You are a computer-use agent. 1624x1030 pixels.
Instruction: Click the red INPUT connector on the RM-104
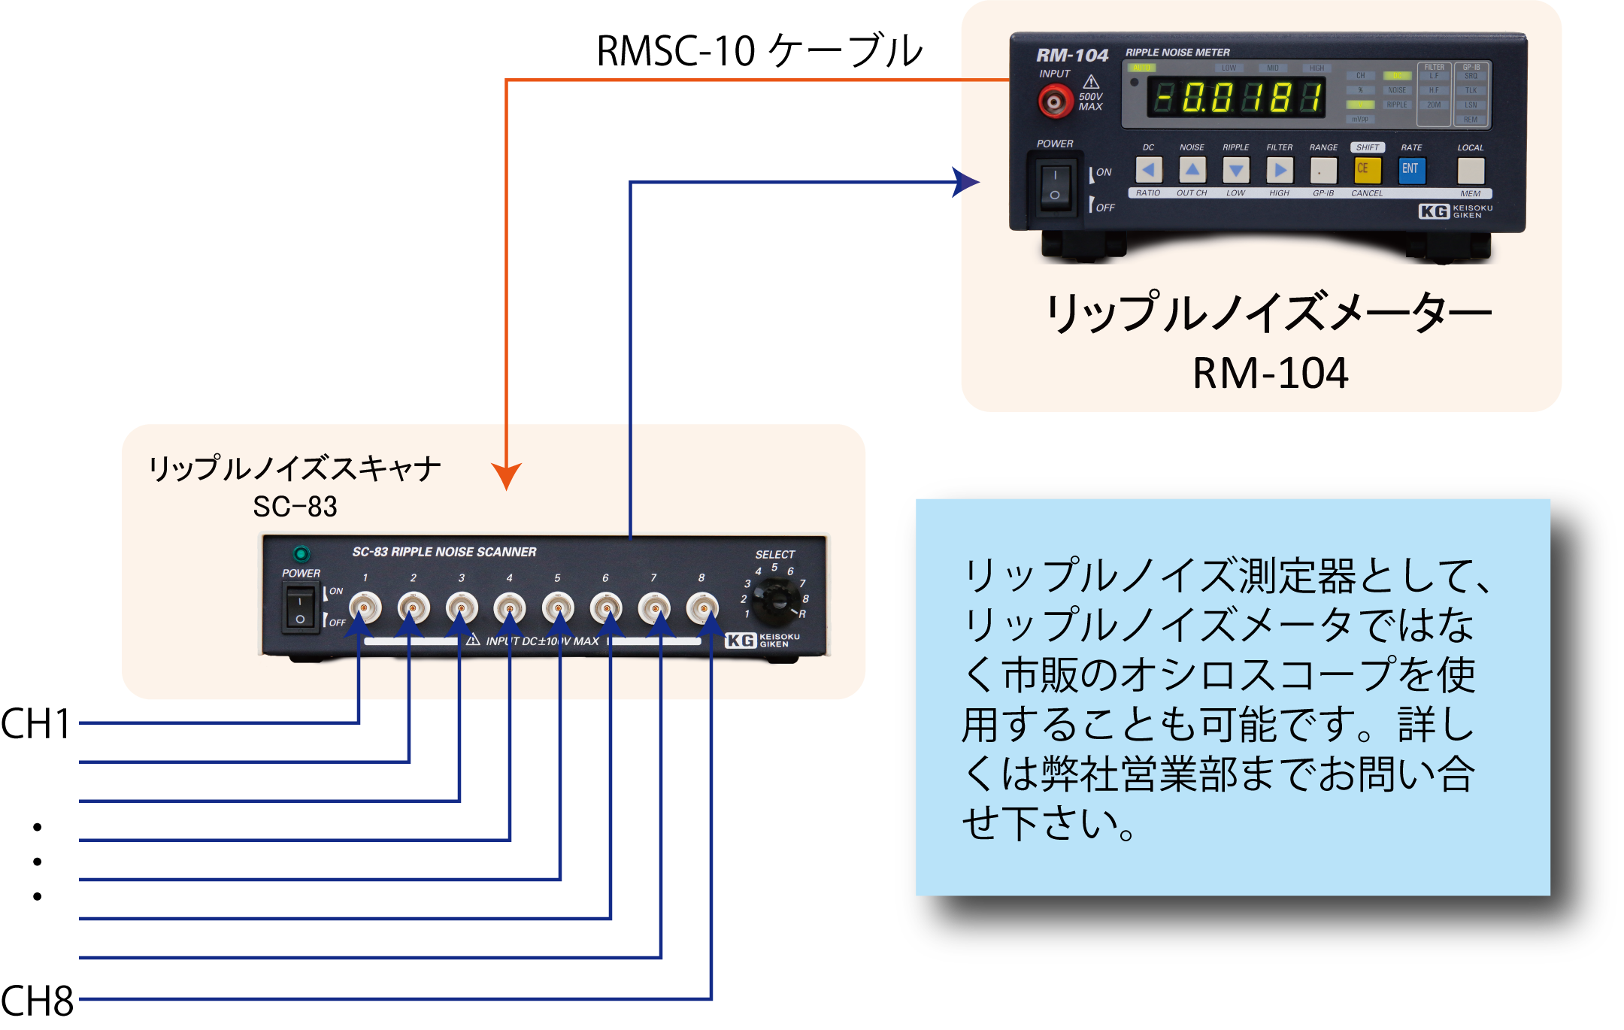[1055, 101]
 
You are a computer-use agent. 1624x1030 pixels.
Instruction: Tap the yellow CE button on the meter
[1366, 169]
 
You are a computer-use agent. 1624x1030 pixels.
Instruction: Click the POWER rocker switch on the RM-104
[1055, 185]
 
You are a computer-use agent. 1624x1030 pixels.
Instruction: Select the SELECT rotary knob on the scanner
[775, 601]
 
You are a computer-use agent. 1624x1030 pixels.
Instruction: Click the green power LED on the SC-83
[301, 554]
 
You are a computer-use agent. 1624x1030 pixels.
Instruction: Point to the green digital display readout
[1238, 98]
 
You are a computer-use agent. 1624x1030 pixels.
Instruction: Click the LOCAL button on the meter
[1471, 170]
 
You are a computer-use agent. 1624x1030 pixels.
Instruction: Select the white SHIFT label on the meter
[1367, 147]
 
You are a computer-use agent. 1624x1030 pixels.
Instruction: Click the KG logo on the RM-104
[1434, 211]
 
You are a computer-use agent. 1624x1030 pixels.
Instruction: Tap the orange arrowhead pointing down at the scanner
[507, 476]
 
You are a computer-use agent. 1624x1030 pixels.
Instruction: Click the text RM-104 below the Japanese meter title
[1271, 373]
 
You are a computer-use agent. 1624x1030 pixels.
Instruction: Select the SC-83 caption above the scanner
[295, 507]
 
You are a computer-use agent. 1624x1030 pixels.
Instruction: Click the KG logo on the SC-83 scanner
[740, 641]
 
